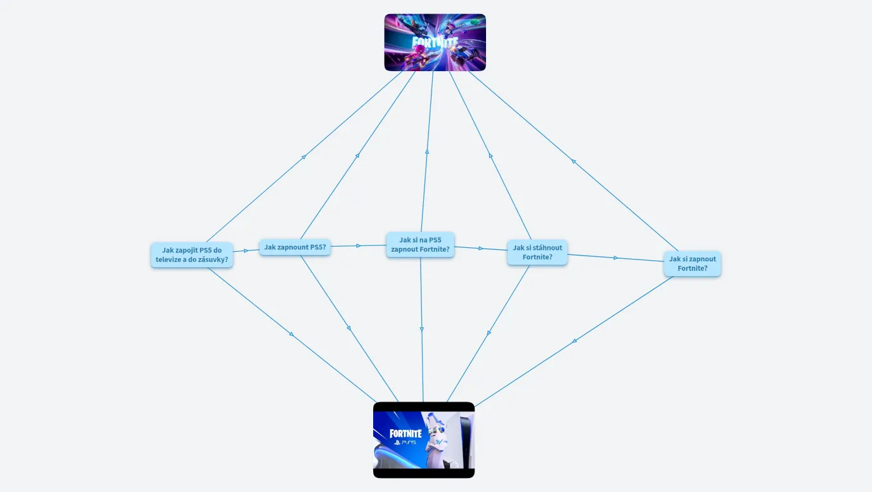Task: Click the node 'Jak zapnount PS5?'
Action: tap(295, 247)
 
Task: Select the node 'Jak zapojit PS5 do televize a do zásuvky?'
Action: tap(192, 255)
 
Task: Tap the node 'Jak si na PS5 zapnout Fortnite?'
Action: tap(420, 245)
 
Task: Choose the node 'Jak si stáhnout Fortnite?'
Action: tap(537, 252)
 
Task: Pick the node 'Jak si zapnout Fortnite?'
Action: tap(692, 264)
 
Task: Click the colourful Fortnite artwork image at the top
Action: tap(435, 42)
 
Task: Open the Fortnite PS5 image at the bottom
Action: tap(424, 440)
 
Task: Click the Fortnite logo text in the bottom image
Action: tap(406, 433)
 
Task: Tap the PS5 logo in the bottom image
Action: tap(405, 443)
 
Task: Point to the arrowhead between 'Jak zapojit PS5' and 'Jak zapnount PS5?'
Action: tap(246, 251)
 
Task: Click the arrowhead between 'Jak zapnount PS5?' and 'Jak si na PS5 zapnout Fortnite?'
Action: tap(358, 246)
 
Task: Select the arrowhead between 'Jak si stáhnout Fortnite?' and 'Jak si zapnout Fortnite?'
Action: tap(616, 258)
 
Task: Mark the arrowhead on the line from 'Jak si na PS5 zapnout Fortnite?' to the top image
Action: tap(427, 152)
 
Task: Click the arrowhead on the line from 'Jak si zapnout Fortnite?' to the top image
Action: tap(573, 161)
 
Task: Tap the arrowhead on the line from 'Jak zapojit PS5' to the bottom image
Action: tap(292, 334)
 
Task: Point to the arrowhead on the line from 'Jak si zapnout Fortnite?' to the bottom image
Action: tap(574, 341)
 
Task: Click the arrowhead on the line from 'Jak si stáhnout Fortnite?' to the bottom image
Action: tap(489, 333)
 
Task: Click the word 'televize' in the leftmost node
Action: tap(169, 259)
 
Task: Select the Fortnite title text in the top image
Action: tap(435, 43)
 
